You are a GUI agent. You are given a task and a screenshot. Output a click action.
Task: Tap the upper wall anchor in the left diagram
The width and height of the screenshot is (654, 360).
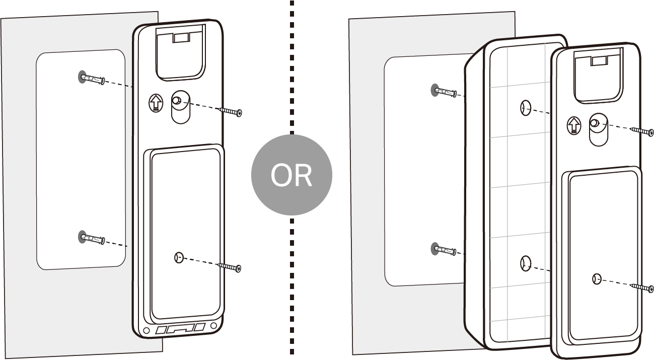pos(92,79)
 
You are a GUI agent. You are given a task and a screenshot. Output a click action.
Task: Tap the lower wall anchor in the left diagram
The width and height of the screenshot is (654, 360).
pos(92,238)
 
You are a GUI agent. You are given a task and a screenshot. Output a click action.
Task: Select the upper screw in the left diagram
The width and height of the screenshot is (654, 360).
pos(231,111)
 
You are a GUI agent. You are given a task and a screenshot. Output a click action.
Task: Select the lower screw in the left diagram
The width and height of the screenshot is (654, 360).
pos(230,266)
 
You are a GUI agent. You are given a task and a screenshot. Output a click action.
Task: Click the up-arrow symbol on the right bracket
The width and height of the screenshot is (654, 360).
pos(573,124)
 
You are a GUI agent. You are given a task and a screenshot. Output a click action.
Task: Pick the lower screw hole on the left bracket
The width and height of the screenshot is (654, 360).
pos(177,258)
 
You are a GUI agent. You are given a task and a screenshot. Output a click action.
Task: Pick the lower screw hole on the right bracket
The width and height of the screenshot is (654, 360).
pos(597,279)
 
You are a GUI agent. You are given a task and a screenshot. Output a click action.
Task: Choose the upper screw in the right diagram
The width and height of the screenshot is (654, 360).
pos(643,131)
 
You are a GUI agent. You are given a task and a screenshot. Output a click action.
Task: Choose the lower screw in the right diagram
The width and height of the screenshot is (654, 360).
pos(643,287)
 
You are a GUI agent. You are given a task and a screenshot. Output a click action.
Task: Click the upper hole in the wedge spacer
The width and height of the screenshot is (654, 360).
pos(525,107)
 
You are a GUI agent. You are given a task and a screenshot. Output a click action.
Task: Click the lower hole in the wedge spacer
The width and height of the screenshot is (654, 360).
pos(525,262)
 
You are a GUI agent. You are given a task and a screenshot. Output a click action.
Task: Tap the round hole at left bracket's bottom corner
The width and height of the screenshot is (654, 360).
pos(147,331)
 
